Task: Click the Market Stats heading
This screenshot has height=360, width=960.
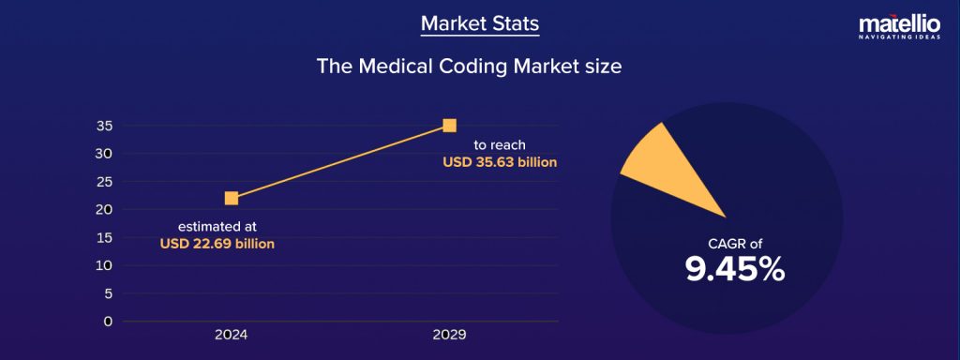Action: click(x=480, y=22)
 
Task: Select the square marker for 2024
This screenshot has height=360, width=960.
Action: click(x=232, y=198)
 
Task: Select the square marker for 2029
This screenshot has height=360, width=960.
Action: click(x=449, y=126)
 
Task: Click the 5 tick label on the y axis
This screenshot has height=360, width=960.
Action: click(x=108, y=293)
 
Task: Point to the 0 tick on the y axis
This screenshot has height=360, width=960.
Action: click(x=108, y=322)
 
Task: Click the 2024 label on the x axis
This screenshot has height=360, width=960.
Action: click(x=232, y=335)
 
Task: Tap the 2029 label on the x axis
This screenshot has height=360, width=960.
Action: click(x=449, y=335)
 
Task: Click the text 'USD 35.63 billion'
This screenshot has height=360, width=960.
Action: click(x=500, y=162)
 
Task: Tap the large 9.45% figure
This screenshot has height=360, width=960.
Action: click(x=734, y=270)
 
